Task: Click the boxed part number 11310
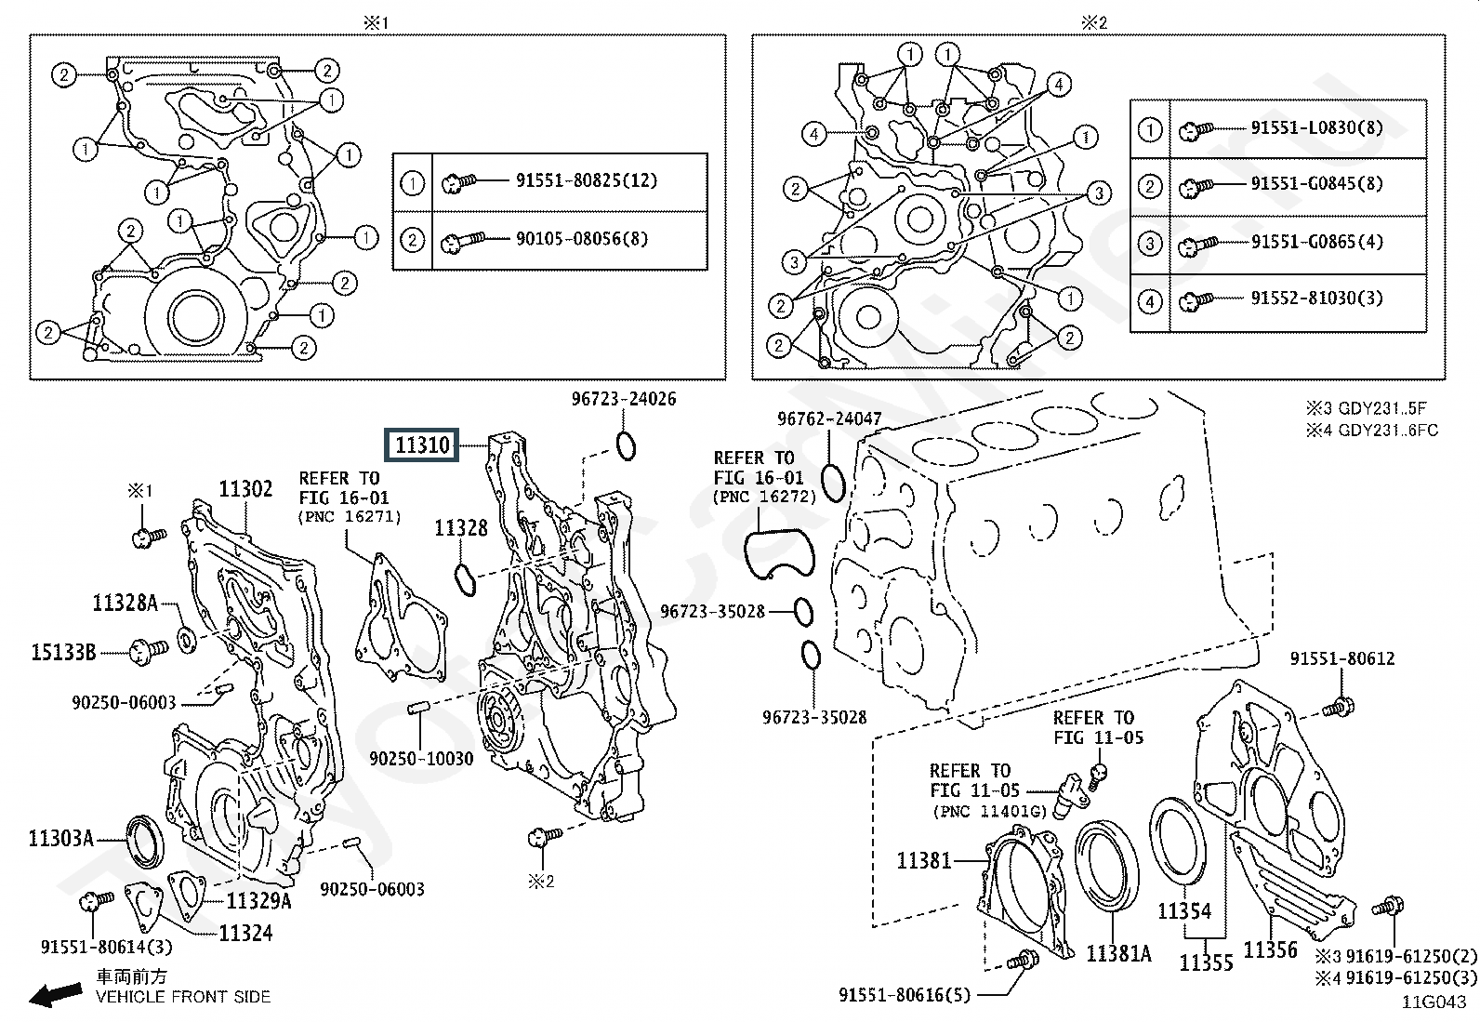coord(421,445)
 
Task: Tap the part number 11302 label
coord(245,488)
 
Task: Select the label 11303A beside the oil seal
coord(60,838)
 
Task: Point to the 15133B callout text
coord(63,653)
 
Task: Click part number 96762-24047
coord(829,418)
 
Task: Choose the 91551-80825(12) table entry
coord(587,180)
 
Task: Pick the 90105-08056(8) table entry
coord(582,239)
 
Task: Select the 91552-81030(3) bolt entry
coord(1316,299)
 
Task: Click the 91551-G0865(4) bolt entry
coord(1316,242)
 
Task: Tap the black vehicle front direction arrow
coord(56,993)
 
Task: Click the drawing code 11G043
coord(1434,1002)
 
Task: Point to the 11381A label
coord(1119,953)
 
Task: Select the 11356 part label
coord(1271,950)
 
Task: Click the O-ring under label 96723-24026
coord(626,446)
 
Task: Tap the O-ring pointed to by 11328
coord(465,580)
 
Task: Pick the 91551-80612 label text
coord(1342,658)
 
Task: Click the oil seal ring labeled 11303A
coord(145,842)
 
